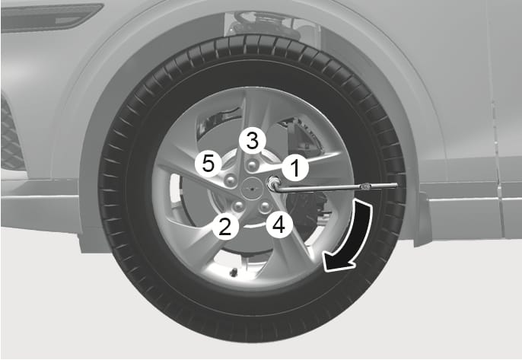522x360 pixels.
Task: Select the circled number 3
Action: [253, 139]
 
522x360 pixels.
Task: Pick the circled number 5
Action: [206, 162]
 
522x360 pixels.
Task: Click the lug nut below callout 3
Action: [252, 161]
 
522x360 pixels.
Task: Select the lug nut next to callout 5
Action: [229, 179]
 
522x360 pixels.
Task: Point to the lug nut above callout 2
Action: [237, 206]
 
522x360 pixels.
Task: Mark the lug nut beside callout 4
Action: [264, 206]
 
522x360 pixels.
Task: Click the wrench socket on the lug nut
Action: [273, 183]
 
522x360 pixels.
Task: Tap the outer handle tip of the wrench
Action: [395, 185]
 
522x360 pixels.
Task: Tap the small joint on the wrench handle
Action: [366, 185]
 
